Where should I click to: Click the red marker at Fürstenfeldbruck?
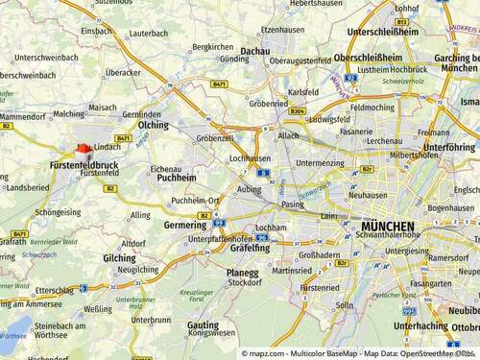pyautogui.click(x=83, y=151)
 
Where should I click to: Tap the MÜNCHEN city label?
pyautogui.click(x=381, y=227)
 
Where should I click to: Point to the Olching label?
pyautogui.click(x=154, y=125)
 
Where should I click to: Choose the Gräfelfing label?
pyautogui.click(x=251, y=248)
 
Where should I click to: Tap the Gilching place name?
pyautogui.click(x=119, y=257)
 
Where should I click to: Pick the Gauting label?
pyautogui.click(x=203, y=324)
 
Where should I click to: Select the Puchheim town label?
pyautogui.click(x=176, y=178)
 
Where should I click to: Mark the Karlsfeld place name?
pyautogui.click(x=302, y=93)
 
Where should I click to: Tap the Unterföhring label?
pyautogui.click(x=449, y=147)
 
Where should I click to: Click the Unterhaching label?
pyautogui.click(x=420, y=325)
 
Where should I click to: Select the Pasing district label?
pyautogui.click(x=292, y=204)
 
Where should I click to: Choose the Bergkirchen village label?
pyautogui.click(x=212, y=46)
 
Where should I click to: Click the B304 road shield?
pyautogui.click(x=297, y=111)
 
